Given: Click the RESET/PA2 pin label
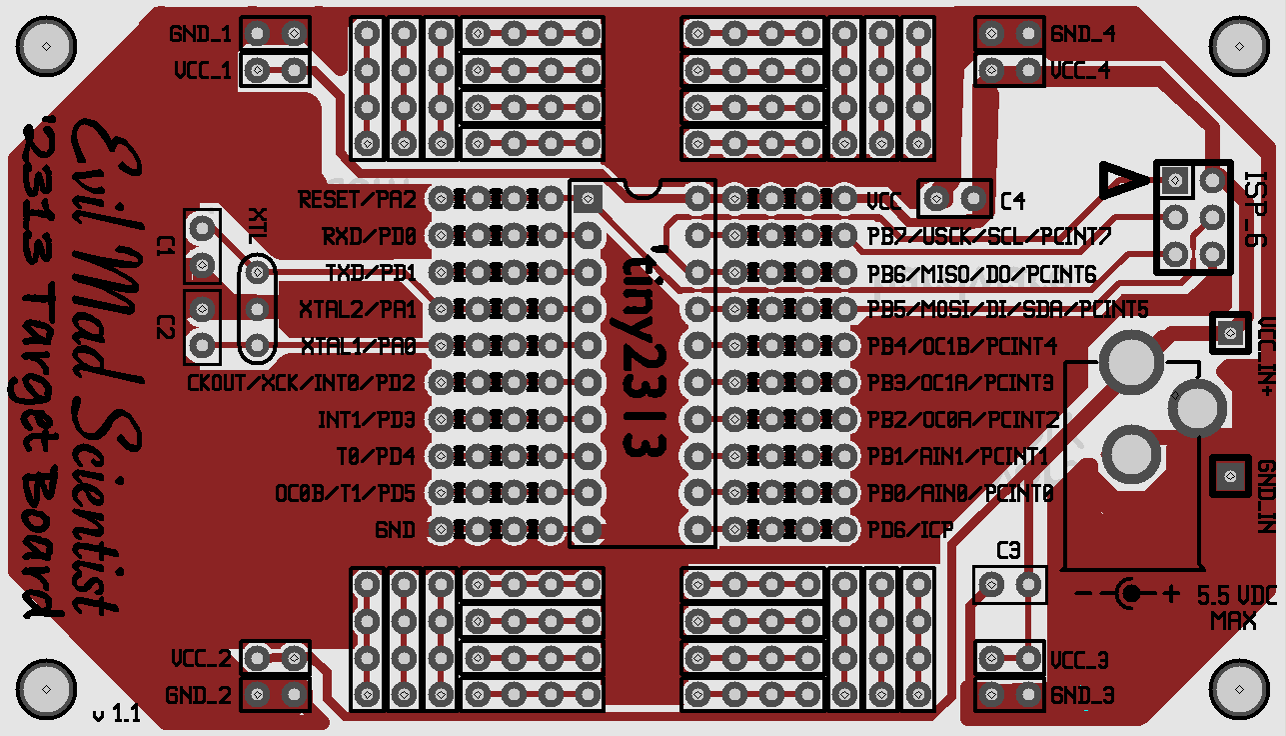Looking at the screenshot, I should pyautogui.click(x=357, y=200).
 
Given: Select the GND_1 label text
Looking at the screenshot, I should pyautogui.click(x=200, y=34).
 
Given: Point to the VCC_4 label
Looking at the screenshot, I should pyautogui.click(x=1080, y=71).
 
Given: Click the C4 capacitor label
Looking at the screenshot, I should pyautogui.click(x=1012, y=201).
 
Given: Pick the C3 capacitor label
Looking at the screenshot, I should pyautogui.click(x=1009, y=550).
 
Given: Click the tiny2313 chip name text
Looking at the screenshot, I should pyautogui.click(x=643, y=354).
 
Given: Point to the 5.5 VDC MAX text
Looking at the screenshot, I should pyautogui.click(x=1236, y=606).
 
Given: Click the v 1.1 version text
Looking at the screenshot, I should pyautogui.click(x=116, y=713).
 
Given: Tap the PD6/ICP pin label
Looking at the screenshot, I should pyautogui.click(x=909, y=529).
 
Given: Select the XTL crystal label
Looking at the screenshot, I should pyautogui.click(x=257, y=227).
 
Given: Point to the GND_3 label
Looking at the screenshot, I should pyautogui.click(x=1081, y=696).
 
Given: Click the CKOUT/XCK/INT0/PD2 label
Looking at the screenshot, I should pyautogui.click(x=301, y=383).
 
